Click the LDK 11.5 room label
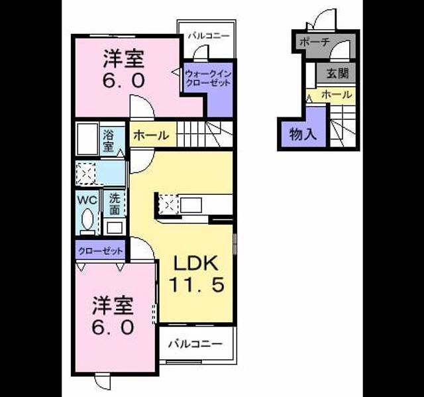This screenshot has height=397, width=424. (197, 274)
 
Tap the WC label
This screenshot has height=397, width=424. (87, 200)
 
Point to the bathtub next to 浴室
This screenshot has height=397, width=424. (87, 139)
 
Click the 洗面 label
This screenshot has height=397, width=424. (115, 205)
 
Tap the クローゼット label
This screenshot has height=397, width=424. (100, 251)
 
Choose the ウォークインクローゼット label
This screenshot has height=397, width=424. (208, 78)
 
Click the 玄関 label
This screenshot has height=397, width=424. (337, 73)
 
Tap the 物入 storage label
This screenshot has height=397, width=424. (303, 134)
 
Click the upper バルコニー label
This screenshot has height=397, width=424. (209, 36)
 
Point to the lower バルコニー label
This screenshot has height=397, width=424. (195, 344)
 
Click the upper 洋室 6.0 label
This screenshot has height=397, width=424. (124, 69)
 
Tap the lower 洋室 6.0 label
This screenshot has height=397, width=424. (113, 315)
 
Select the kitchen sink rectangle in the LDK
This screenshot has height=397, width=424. (191, 205)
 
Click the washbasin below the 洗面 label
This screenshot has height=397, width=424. (115, 227)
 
